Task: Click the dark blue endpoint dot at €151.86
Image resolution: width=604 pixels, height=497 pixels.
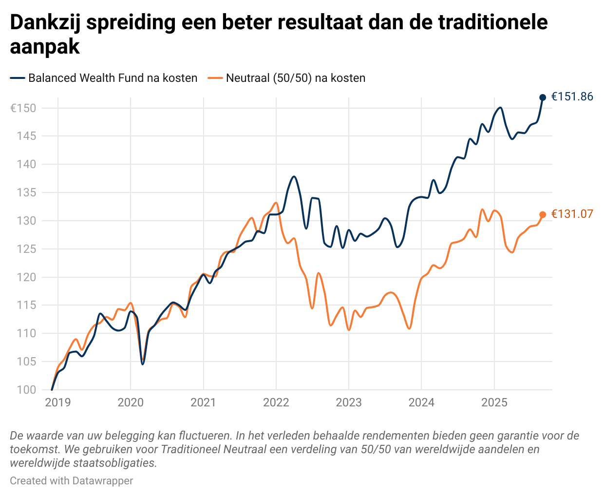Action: pyautogui.click(x=543, y=97)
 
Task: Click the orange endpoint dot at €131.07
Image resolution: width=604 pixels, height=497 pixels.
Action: pyautogui.click(x=543, y=214)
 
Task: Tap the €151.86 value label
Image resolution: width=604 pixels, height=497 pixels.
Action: pyautogui.click(x=572, y=96)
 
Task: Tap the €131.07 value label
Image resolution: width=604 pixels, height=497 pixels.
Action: pyautogui.click(x=572, y=214)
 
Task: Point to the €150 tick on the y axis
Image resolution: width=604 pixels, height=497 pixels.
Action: pyautogui.click(x=23, y=108)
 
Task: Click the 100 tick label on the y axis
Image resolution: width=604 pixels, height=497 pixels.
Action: pyautogui.click(x=26, y=390)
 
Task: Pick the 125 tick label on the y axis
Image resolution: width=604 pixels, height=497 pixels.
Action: pyautogui.click(x=26, y=249)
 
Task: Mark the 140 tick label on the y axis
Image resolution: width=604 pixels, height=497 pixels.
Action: pyautogui.click(x=26, y=164)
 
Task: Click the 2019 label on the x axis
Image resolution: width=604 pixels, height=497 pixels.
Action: pyautogui.click(x=58, y=402)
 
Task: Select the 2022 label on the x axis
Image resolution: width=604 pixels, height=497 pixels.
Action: pyautogui.click(x=276, y=402)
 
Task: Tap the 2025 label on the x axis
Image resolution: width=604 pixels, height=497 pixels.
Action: pyautogui.click(x=494, y=402)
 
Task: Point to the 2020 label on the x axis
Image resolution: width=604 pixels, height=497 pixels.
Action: pyautogui.click(x=131, y=402)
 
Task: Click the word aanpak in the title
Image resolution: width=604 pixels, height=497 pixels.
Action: pyautogui.click(x=45, y=47)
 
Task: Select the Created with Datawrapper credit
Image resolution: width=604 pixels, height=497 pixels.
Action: pyautogui.click(x=71, y=481)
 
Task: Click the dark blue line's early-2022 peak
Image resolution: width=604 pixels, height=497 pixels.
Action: pyautogui.click(x=294, y=176)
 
